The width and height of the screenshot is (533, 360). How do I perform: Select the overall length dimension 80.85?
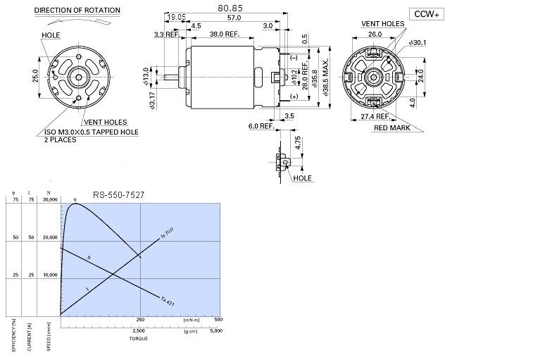(x=227, y=8)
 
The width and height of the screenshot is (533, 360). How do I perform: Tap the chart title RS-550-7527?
(x=119, y=195)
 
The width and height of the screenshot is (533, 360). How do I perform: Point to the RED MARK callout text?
(x=392, y=128)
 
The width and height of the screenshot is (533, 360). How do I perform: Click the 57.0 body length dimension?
(x=234, y=17)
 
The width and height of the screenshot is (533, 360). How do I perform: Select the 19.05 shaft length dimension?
(x=176, y=17)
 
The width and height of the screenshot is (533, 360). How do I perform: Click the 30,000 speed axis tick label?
(x=50, y=200)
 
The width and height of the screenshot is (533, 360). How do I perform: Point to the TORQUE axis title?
(x=138, y=338)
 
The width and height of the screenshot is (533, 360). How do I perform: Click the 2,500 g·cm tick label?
(x=139, y=330)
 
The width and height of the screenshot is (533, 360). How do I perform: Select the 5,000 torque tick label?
(x=216, y=330)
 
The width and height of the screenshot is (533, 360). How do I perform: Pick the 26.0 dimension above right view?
(x=375, y=34)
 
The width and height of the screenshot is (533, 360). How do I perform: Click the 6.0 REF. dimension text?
(x=261, y=126)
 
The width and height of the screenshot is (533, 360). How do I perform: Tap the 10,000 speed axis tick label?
(x=50, y=275)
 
